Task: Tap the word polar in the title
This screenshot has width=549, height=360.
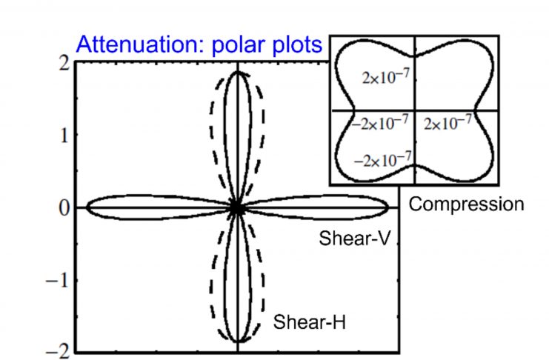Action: click(239, 45)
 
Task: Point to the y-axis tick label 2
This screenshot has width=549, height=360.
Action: click(64, 64)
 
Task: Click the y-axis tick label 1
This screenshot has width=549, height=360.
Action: click(64, 136)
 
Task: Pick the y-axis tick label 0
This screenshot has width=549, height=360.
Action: click(64, 208)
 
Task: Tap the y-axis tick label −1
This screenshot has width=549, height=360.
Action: click(58, 281)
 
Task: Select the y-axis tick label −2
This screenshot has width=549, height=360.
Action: click(58, 352)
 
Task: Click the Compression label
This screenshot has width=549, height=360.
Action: click(466, 205)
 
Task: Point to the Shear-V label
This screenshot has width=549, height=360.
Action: click(354, 239)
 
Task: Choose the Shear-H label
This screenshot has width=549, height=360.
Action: click(309, 321)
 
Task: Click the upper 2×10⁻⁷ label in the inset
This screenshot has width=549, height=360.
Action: click(385, 77)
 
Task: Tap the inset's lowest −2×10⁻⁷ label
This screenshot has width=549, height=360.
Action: click(383, 160)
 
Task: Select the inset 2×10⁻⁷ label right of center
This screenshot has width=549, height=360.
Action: click(447, 123)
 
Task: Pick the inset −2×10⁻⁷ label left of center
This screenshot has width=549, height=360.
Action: click(380, 123)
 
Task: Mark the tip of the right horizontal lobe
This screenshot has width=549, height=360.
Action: click(388, 207)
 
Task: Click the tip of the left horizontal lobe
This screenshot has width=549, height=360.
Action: click(87, 207)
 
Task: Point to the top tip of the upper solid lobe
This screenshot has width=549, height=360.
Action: click(238, 72)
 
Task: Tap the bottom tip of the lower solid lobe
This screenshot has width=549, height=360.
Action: click(238, 341)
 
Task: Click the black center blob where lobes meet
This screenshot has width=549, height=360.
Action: click(238, 208)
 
